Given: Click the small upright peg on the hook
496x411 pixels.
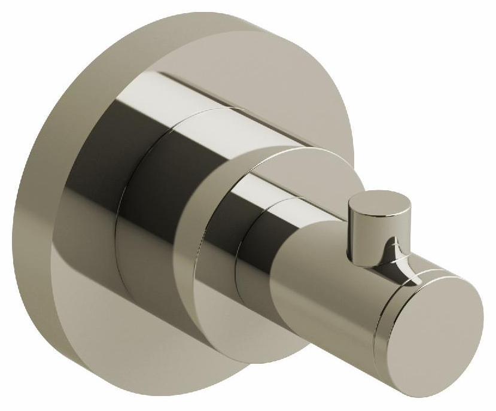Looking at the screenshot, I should tap(366, 230).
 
